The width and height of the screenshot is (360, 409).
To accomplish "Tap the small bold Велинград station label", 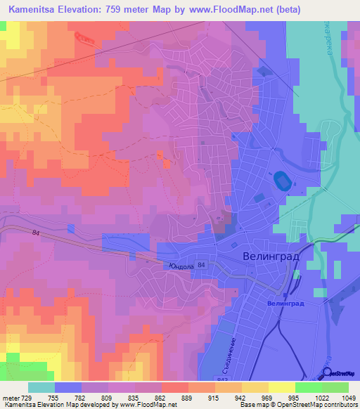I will tap(285, 303).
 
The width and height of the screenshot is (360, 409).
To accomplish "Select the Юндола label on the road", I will tap(181, 266).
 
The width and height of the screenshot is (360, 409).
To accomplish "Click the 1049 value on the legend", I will tap(338, 397).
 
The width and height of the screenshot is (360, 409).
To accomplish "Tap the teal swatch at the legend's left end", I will tap(41, 387).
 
